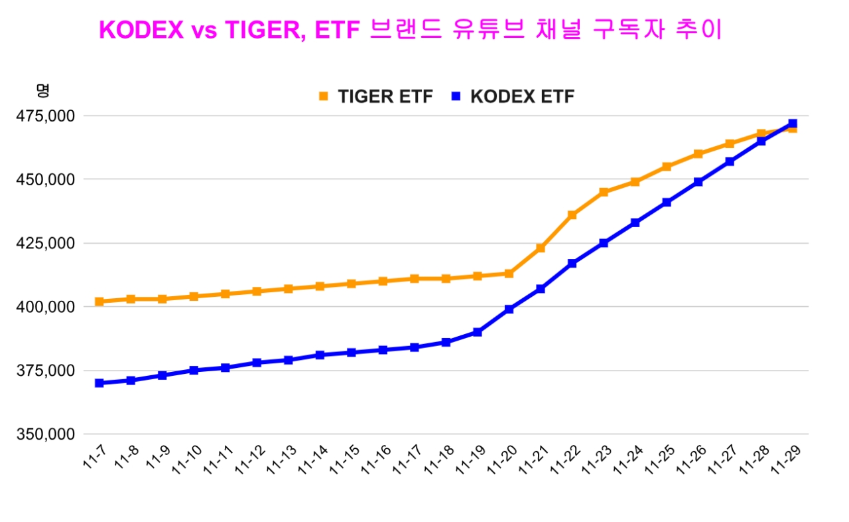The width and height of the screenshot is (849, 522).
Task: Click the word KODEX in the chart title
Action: pyautogui.click(x=141, y=30)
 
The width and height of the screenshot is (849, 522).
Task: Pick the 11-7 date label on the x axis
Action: pyautogui.click(x=94, y=459)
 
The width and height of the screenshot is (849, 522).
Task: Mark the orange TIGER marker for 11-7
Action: pyautogui.click(x=99, y=302)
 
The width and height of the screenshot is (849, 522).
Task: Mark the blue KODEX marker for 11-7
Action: pyautogui.click(x=99, y=383)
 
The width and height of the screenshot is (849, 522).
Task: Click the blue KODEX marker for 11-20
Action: pyautogui.click(x=509, y=309)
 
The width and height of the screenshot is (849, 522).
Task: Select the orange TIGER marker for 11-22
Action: pyautogui.click(x=572, y=215)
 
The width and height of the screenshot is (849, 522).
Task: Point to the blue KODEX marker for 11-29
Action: pyautogui.click(x=793, y=124)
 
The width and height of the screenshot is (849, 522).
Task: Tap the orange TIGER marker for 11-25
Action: pyautogui.click(x=667, y=167)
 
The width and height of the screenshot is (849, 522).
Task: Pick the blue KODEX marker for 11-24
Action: pyautogui.click(x=635, y=222)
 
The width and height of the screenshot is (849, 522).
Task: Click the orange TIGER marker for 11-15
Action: pyautogui.click(x=352, y=284)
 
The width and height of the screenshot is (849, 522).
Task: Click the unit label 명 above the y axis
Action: pyautogui.click(x=43, y=90)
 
